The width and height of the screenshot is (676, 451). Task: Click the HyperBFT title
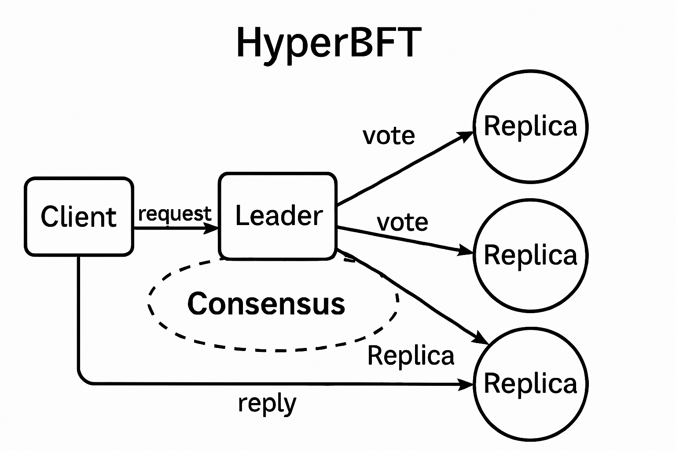[326, 43]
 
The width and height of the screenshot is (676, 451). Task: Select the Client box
[79, 216]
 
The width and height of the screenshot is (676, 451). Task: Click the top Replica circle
[530, 126]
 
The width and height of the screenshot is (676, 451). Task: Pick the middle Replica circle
[530, 255]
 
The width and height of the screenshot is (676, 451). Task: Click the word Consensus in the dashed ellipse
[266, 303]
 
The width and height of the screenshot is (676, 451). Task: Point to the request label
[175, 214]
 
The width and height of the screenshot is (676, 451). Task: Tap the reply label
[267, 403]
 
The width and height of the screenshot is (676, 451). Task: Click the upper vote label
[389, 136]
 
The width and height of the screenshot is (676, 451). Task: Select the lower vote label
[402, 222]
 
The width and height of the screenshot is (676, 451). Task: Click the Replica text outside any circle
[411, 356]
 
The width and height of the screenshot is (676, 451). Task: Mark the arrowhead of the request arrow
[213, 228]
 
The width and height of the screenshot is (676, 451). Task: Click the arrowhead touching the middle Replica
[467, 251]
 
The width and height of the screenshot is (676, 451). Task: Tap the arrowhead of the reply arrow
[467, 384]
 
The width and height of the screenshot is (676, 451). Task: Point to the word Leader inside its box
[279, 216]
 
